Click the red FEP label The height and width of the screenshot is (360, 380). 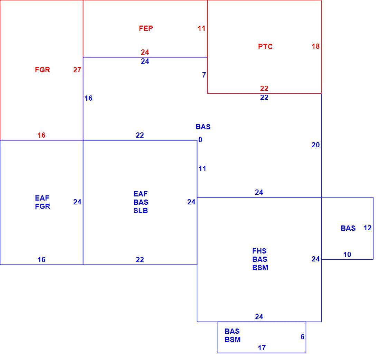point(146,28)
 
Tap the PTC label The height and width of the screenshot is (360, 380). point(265,47)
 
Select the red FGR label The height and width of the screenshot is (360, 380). point(42,70)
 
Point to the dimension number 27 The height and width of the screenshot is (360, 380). point(77,70)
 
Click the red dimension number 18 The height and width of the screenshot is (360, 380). point(315,46)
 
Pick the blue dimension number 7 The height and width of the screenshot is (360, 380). point(204,75)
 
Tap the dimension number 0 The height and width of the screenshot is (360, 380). point(200,140)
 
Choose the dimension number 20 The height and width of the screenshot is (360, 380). point(315,145)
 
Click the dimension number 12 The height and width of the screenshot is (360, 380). point(368,228)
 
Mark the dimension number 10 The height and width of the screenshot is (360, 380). point(347,255)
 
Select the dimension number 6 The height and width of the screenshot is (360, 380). point(303,337)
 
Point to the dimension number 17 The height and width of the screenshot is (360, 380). point(262,348)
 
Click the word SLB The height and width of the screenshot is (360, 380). point(141,211)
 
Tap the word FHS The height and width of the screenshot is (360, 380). point(259,251)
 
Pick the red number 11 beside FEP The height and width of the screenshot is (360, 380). point(201,28)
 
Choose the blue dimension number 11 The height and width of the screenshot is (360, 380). point(202,169)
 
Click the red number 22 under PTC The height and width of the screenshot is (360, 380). point(264,89)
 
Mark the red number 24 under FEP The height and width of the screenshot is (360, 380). point(145,52)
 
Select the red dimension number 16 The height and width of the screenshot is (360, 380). point(41,135)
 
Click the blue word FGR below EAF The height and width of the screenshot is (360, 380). point(42,206)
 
